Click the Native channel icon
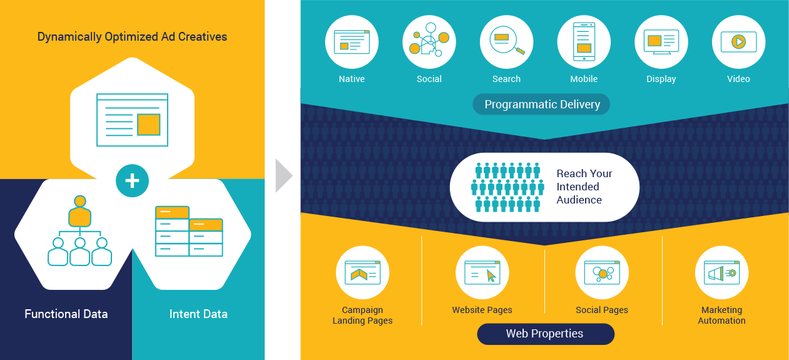pos(352,42)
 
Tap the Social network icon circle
pos(429,42)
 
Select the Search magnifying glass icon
pos(507,42)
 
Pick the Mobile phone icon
pos(584,42)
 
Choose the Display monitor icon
pos(661,42)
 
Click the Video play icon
pos(738,42)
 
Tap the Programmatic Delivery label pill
pos(542,105)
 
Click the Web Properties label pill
pos(545,334)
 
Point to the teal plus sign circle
pos(132,181)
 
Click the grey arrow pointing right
pos(283,176)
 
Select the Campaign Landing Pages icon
pos(363,273)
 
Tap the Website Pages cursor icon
pos(482,273)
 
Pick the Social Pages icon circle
pos(602,273)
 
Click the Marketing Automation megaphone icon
pos(721,273)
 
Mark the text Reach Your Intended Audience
pos(584,187)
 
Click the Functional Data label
pos(66,314)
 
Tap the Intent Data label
pos(198,314)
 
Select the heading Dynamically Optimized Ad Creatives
pos(132,36)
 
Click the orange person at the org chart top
pos(80,212)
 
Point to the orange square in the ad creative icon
pos(148,124)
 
